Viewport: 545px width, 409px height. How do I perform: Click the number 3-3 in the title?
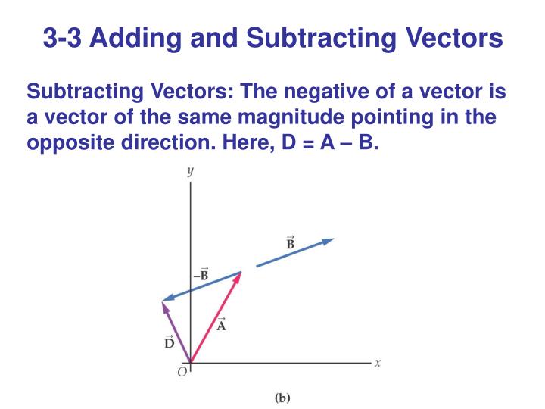point(62,36)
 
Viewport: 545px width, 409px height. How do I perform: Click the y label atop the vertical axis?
point(190,172)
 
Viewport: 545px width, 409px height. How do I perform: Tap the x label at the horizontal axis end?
point(378,363)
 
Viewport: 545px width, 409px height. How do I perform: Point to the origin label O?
point(182,373)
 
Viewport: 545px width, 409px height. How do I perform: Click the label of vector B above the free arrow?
point(290,244)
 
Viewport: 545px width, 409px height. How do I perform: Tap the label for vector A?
point(222,326)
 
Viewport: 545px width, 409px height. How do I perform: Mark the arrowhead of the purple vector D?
point(164,305)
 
